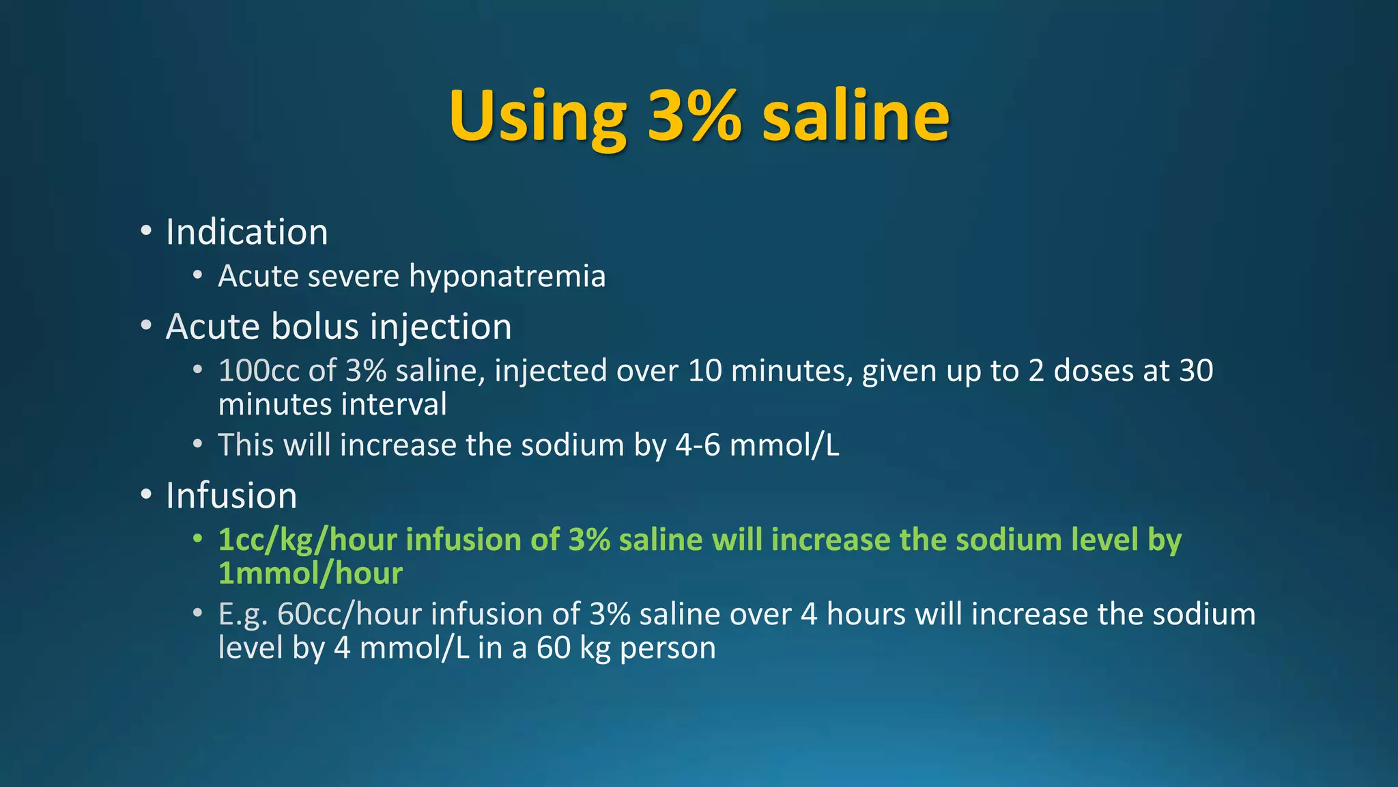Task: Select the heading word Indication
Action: point(246,232)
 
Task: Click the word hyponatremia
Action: point(507,277)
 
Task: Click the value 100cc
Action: point(259,371)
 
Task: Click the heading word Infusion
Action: point(231,496)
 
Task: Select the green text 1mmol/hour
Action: point(310,574)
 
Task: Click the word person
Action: point(668,648)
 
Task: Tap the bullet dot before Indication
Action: point(146,231)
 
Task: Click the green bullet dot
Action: point(197,538)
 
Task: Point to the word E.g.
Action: point(242,614)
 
